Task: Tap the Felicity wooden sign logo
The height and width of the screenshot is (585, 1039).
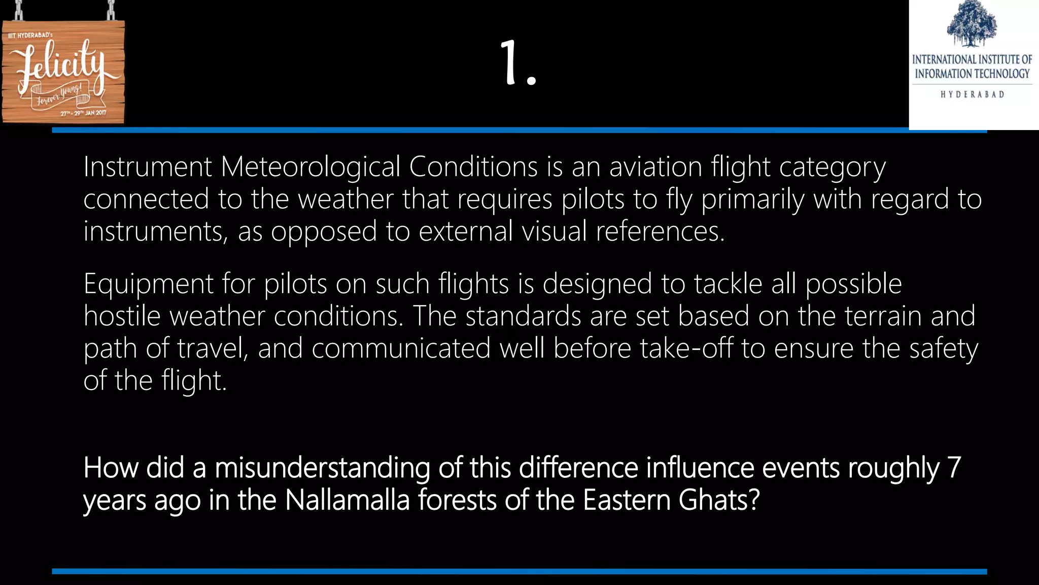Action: [63, 71]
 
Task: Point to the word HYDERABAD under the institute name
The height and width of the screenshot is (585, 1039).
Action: [972, 94]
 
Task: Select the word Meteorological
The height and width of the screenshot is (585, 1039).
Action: [310, 167]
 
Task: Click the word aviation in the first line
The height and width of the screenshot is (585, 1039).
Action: [655, 167]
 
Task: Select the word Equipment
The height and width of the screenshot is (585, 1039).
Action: [148, 284]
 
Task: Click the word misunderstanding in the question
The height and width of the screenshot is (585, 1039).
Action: [322, 468]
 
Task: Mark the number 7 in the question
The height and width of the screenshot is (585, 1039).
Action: [954, 468]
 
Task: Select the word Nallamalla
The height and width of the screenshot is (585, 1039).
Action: [347, 500]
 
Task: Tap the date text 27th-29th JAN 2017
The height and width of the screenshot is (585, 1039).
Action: [83, 113]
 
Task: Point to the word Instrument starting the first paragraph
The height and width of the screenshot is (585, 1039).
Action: [147, 167]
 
